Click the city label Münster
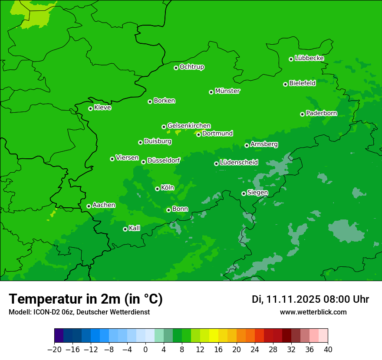coord(227,91)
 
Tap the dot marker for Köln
coord(157,189)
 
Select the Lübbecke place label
coord(309,58)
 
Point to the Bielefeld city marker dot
coord(285,84)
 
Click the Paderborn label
coord(321,113)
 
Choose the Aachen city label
coord(104,205)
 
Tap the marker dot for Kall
coord(125,229)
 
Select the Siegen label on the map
coord(257,193)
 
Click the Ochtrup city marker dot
coord(176,68)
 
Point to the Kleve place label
coord(102,108)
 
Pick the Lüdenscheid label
coord(239,163)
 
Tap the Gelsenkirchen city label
coord(189,126)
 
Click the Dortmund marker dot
coord(198,134)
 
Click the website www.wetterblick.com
coord(313,312)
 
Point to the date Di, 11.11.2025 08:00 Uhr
coord(310,299)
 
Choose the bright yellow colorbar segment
coord(214,336)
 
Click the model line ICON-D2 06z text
coord(79,312)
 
